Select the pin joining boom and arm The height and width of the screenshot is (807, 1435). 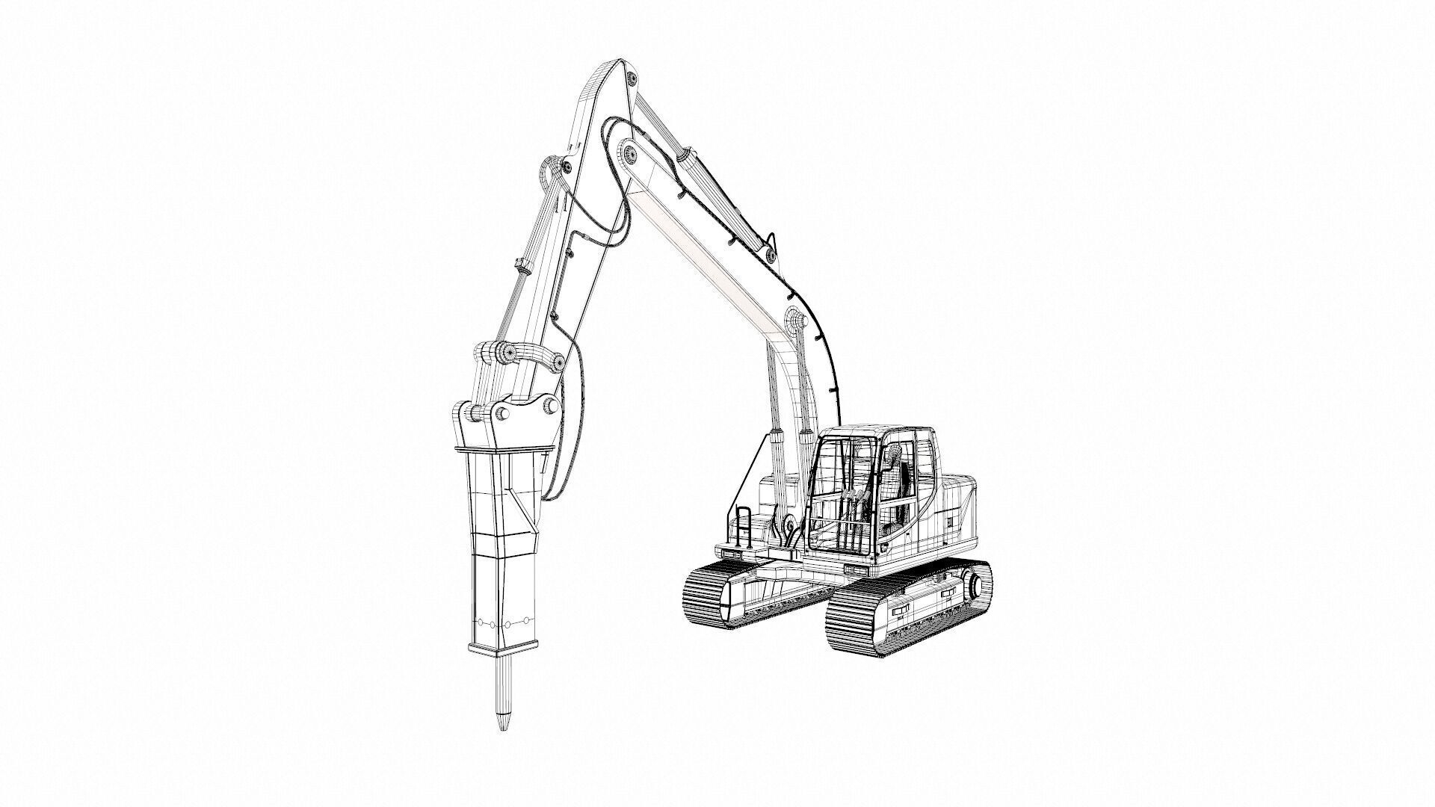click(x=629, y=155)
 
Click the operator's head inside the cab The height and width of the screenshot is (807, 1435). click(x=892, y=453)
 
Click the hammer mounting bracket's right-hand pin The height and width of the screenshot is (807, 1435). click(x=551, y=406)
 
